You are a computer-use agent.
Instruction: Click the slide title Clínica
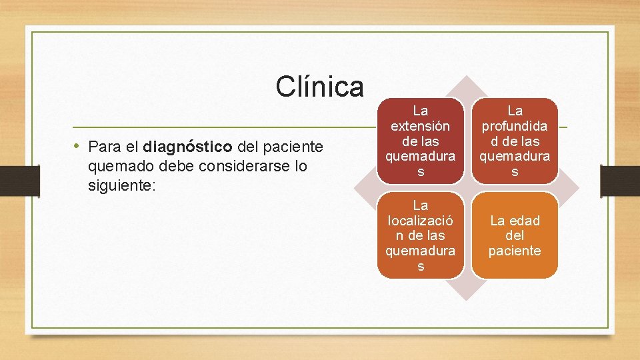320,87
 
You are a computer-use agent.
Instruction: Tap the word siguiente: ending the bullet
121,185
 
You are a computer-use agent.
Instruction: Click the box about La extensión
420,141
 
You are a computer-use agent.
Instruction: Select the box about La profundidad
515,141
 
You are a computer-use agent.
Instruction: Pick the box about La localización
420,235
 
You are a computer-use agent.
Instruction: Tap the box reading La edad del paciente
515,235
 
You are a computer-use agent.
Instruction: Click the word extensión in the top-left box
420,125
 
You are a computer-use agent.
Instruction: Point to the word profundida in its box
515,125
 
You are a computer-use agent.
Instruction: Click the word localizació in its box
420,220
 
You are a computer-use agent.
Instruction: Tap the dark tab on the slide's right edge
620,180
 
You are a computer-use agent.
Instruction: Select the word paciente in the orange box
515,251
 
